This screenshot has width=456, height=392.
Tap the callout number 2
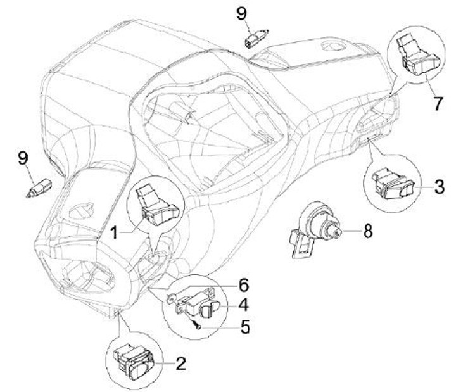180,364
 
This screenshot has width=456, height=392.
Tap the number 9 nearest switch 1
23,158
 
